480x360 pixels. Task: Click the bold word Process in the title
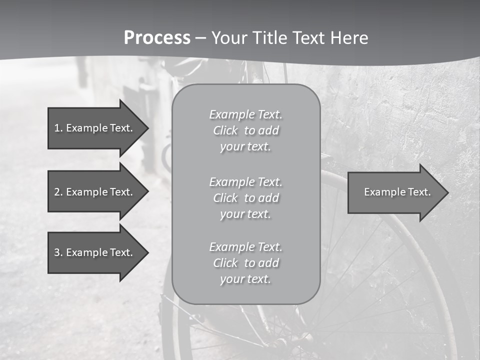157,38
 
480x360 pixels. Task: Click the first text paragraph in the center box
246,130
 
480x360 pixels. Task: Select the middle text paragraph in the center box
246,198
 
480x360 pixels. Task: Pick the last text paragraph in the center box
246,263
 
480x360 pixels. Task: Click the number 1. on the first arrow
58,128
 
